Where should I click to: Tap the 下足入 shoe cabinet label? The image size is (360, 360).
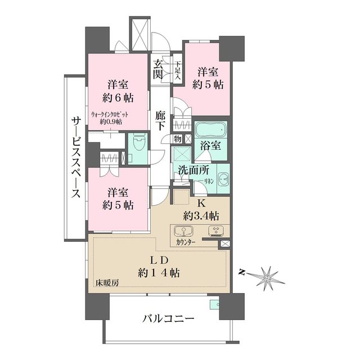click(x=177, y=70)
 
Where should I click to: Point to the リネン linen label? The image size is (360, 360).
click(x=208, y=181)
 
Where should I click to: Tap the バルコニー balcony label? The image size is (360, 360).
click(x=168, y=319)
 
